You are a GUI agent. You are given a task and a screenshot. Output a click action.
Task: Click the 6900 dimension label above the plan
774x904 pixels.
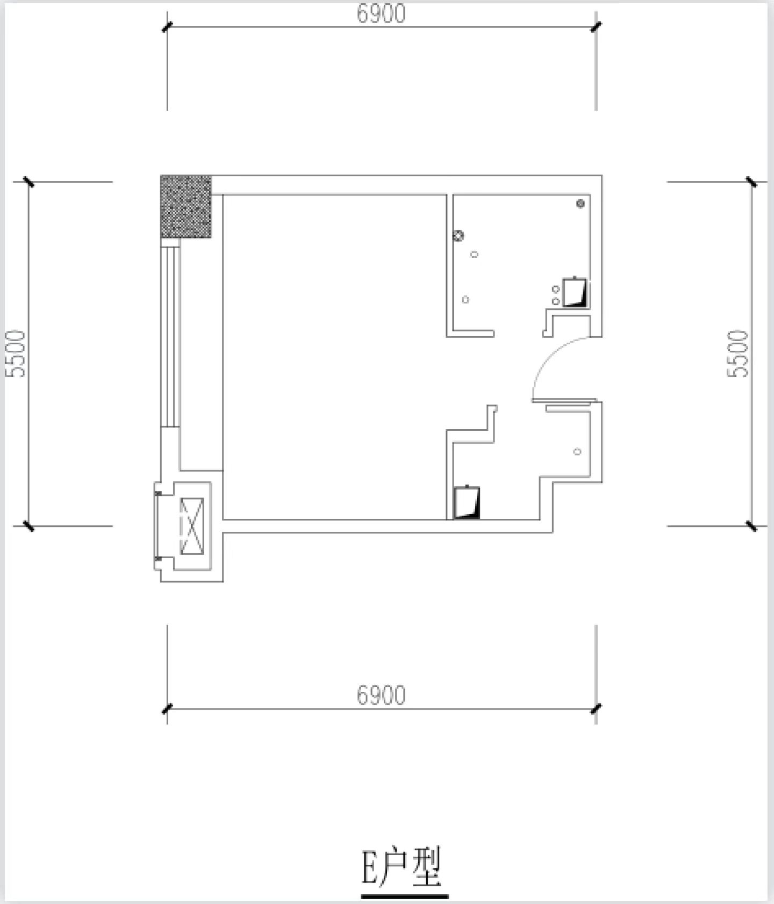click(381, 14)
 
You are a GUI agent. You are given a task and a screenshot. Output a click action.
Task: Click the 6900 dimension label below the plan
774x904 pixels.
click(381, 695)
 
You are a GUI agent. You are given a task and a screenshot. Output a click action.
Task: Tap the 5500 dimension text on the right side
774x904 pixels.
click(738, 353)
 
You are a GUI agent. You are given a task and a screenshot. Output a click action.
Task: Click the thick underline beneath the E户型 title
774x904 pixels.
click(405, 896)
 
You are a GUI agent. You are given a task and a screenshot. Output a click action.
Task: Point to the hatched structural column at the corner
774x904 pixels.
click(186, 206)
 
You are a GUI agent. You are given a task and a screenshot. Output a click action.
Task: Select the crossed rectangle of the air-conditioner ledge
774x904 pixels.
click(192, 526)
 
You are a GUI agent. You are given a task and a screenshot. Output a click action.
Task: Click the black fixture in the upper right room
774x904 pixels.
click(575, 292)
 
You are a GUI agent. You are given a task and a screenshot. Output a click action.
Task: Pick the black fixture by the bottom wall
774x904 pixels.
click(467, 502)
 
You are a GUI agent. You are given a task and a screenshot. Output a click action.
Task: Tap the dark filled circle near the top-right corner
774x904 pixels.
click(580, 203)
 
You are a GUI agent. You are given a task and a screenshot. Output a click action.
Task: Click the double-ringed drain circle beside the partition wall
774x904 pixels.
click(458, 235)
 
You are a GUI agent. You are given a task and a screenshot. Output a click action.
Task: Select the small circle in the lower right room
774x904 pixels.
click(577, 451)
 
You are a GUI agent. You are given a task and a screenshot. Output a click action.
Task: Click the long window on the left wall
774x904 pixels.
click(170, 333)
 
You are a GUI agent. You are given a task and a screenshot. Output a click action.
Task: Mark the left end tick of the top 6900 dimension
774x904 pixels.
click(167, 27)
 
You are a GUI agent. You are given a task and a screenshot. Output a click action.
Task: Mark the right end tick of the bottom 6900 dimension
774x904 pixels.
click(596, 708)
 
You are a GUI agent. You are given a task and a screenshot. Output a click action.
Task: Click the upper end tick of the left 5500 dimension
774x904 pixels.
click(28, 182)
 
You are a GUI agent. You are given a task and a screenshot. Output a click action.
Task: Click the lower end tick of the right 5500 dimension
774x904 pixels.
click(751, 526)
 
